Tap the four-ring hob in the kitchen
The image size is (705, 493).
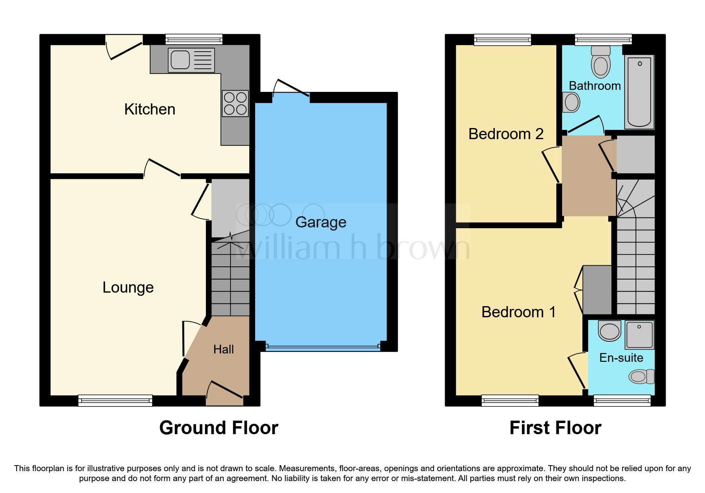point(235,103)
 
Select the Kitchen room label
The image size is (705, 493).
point(150,109)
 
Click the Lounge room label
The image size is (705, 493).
point(128,287)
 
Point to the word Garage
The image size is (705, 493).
point(320,222)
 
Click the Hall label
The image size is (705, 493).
point(223,349)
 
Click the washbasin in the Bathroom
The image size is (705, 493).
point(571,103)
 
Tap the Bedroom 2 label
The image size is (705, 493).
point(506,134)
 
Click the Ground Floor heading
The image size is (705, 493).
point(219,428)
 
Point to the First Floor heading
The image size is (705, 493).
point(555,428)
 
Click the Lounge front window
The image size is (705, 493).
point(115,400)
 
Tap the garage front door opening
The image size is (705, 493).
point(323,347)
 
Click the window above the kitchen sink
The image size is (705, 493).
point(194,39)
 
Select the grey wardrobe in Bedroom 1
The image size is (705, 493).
point(597,290)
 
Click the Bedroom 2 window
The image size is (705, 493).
point(502,39)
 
